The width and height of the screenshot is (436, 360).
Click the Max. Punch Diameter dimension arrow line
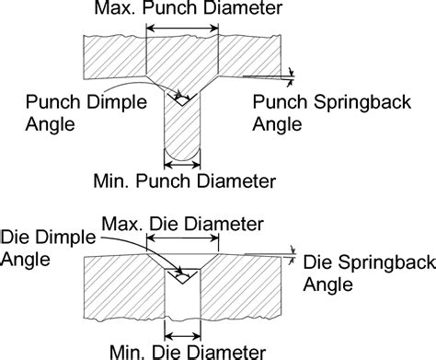tap(184, 30)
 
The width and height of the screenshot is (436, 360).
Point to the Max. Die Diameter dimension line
tap(184, 240)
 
